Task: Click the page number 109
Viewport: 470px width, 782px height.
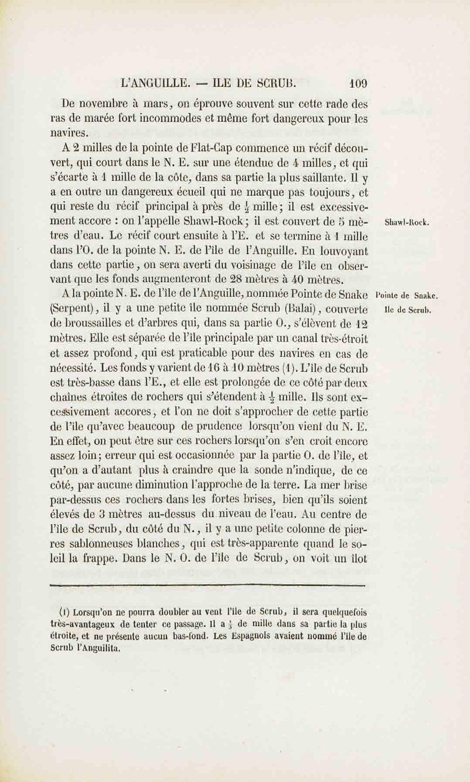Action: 358,84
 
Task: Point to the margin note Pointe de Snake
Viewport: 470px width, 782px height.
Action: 406,296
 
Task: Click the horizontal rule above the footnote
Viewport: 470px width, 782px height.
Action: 208,586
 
